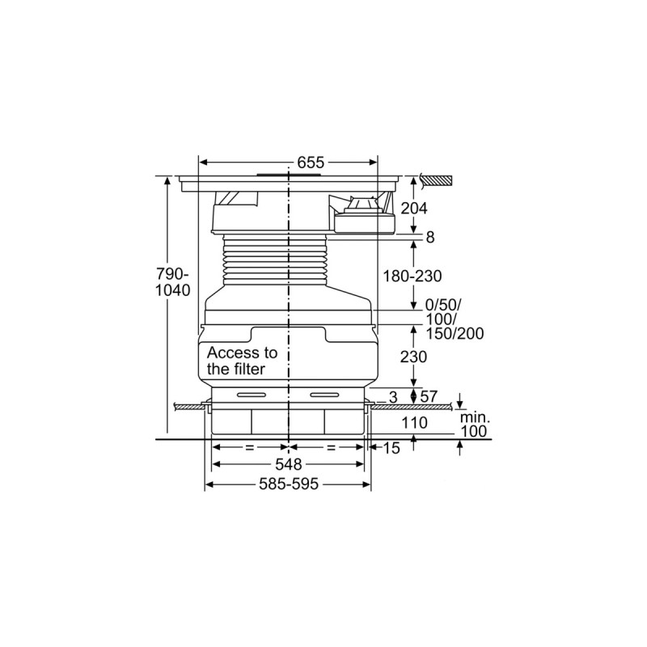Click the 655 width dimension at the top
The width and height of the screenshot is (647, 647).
(311, 163)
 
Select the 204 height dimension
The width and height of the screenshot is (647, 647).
(414, 209)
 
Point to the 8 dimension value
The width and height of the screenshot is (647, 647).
(430, 237)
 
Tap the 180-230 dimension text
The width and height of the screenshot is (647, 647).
(412, 276)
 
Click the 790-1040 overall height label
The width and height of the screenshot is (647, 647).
(173, 281)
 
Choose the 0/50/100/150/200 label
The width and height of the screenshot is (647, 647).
(455, 319)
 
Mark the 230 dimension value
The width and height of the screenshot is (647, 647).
(413, 357)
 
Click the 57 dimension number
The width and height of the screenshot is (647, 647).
(429, 396)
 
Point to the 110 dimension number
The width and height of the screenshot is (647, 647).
(414, 422)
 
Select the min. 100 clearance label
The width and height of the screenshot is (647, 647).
(475, 425)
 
